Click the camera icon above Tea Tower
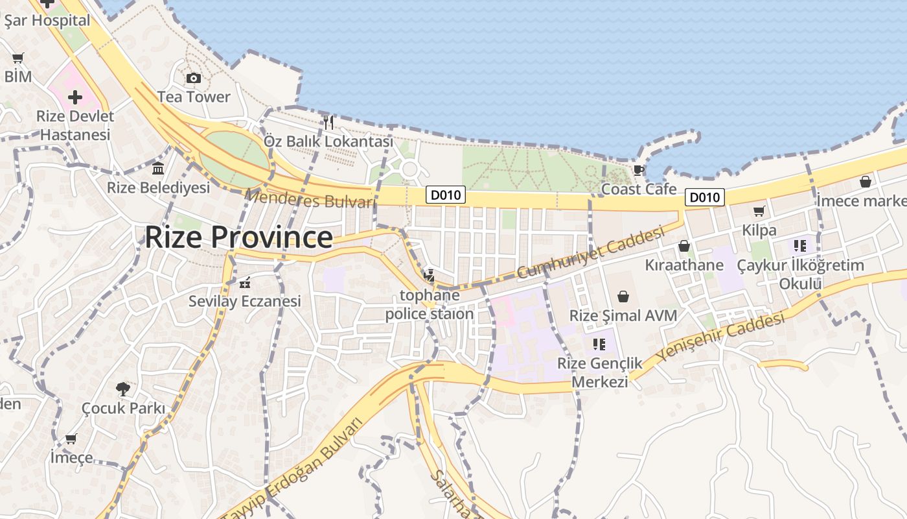[193, 78]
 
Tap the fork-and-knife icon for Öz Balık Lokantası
[328, 122]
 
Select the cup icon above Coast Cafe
[639, 171]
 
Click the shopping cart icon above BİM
[18, 58]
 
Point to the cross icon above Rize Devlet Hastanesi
[75, 98]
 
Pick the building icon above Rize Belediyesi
[158, 169]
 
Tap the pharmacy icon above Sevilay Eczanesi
[245, 283]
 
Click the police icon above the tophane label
[429, 276]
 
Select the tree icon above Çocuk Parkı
[123, 389]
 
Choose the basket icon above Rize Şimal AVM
[623, 296]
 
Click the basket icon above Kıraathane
[684, 246]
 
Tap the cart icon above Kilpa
[759, 211]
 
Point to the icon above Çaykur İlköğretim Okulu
[799, 246]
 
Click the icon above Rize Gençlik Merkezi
[599, 344]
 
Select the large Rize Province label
[238, 237]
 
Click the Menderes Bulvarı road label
[311, 199]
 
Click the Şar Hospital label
[47, 21]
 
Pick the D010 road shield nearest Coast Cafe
[704, 197]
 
